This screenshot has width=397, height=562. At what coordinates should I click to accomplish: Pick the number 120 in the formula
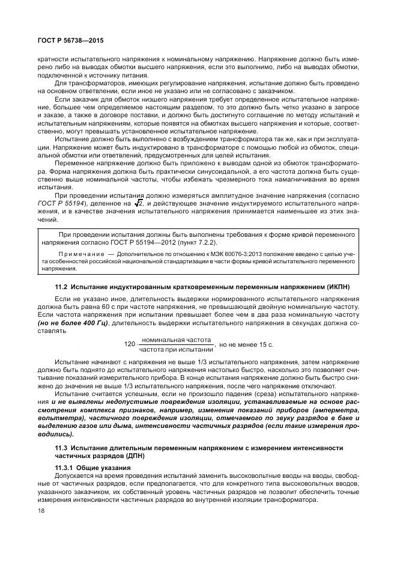(x=129, y=344)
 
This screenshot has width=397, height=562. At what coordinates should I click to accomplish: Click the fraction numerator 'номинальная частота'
(x=177, y=340)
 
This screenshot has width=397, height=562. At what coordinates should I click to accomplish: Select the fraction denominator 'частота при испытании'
(x=177, y=349)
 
